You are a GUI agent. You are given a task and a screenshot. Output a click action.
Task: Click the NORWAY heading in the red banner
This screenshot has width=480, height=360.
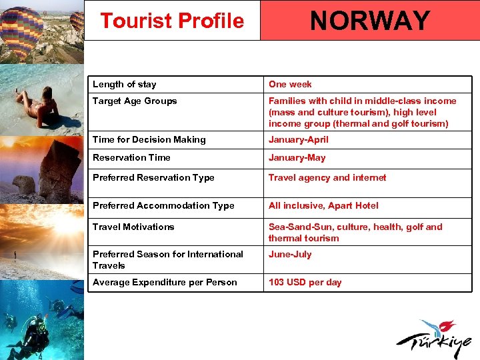(x=369, y=21)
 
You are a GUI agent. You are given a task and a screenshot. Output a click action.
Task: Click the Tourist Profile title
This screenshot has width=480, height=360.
(x=172, y=21)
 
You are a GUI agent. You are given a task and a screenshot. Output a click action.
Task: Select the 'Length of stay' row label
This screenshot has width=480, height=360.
(x=125, y=84)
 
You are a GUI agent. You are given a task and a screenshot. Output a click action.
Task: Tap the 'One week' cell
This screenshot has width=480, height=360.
(x=290, y=84)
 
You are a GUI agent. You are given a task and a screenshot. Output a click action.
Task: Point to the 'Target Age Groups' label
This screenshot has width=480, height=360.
(x=135, y=101)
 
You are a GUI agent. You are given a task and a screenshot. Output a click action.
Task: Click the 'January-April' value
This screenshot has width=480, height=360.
(x=299, y=139)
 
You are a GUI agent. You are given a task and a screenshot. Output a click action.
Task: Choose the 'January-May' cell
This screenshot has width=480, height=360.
(x=297, y=157)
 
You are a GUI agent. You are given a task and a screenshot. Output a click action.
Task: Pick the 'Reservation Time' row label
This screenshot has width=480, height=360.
(x=131, y=157)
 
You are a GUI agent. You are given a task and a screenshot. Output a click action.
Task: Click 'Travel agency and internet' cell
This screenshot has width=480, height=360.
(x=327, y=177)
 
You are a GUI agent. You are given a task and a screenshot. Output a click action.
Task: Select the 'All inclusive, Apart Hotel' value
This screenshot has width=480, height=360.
(x=323, y=205)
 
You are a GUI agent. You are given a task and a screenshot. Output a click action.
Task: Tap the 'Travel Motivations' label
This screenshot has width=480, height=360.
(x=133, y=227)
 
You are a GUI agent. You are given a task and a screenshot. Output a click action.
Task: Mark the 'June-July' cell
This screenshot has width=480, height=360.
(x=290, y=254)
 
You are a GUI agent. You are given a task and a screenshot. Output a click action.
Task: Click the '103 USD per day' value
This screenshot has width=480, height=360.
(x=305, y=282)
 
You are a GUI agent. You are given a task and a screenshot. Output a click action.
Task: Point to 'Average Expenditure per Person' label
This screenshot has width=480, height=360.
(x=165, y=282)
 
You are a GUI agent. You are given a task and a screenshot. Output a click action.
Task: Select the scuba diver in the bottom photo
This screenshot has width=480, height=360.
(x=33, y=333)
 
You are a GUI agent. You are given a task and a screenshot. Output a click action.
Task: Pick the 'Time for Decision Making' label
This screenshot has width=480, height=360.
(x=149, y=139)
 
